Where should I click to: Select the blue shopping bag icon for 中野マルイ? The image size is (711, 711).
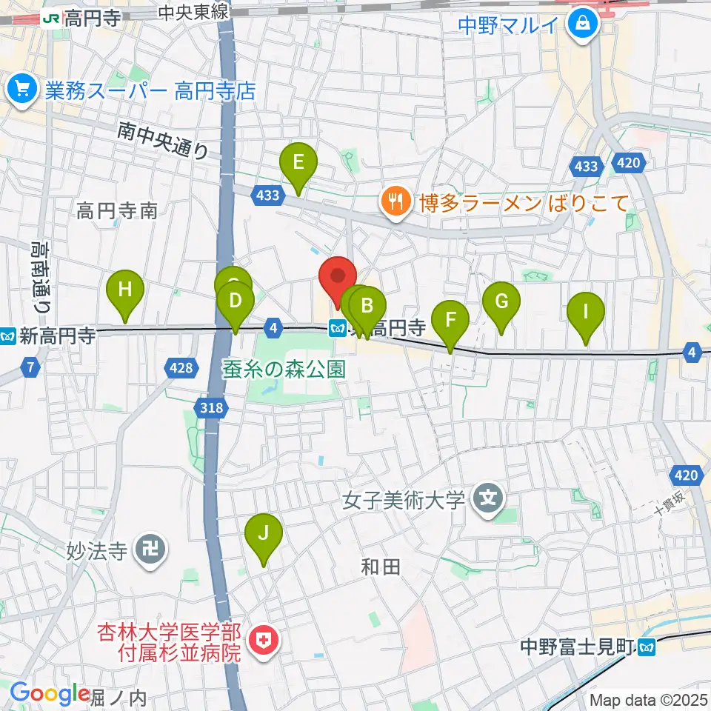(584, 25)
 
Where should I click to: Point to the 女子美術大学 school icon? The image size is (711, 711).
(488, 501)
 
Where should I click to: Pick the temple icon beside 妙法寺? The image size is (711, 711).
(151, 550)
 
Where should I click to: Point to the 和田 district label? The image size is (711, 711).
(381, 567)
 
